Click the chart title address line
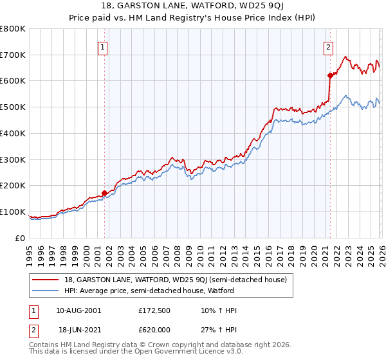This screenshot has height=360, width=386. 192,5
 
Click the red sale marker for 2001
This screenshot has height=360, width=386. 104,192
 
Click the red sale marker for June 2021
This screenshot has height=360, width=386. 330,75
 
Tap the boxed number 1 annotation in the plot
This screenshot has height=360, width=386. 103,46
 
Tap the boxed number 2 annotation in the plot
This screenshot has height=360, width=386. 328,46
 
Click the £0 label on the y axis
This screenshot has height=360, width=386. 21,238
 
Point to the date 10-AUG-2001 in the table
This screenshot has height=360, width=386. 78,310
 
